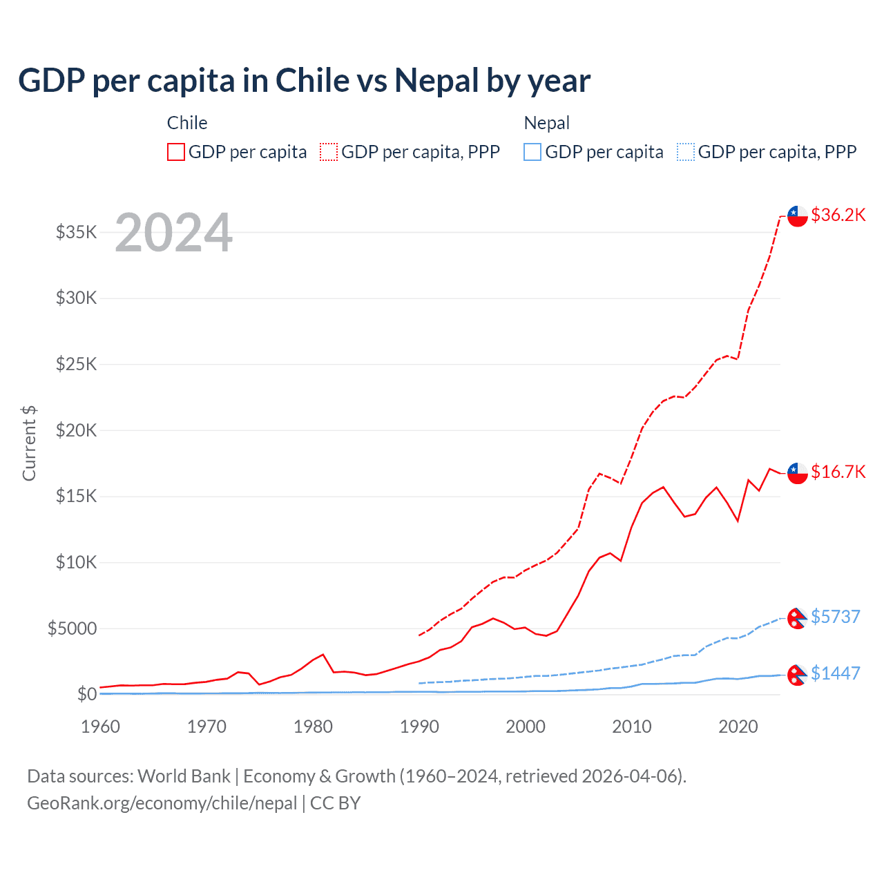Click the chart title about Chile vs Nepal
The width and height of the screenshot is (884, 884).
[x=304, y=81]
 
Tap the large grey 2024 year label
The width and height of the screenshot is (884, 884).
[x=173, y=233]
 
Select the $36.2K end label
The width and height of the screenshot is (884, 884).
[x=838, y=215]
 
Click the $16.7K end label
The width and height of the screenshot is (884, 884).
[x=838, y=472]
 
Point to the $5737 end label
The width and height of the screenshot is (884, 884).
[x=835, y=616]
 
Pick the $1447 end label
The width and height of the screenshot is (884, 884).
[x=835, y=673]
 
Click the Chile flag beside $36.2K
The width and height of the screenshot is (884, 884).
[x=798, y=215]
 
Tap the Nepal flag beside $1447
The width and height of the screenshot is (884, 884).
[x=798, y=675]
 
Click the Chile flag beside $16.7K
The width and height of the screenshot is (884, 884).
[x=798, y=473]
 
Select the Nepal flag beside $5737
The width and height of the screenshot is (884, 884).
[x=798, y=617]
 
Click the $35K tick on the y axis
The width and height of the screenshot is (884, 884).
[x=77, y=232]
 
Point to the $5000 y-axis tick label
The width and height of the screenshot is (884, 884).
[x=72, y=628]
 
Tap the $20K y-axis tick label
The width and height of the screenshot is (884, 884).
[x=77, y=430]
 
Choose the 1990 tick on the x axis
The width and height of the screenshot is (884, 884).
[x=419, y=727]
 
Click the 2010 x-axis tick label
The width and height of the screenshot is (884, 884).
[x=632, y=727]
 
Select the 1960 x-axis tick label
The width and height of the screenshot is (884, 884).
[x=101, y=727]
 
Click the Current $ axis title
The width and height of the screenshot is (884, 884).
[x=29, y=443]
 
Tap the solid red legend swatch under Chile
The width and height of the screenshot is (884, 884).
[x=176, y=152]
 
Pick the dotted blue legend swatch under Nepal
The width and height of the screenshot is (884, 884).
[x=686, y=152]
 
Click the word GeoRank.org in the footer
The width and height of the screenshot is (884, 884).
[x=77, y=803]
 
